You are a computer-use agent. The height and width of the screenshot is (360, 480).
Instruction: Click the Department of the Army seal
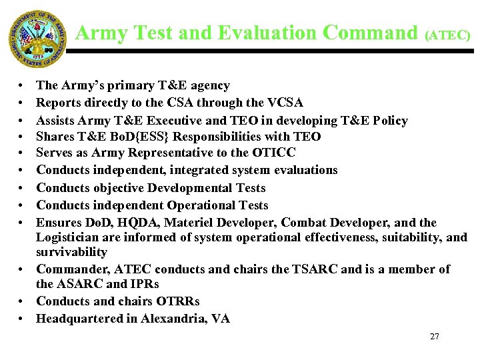[x=38, y=39]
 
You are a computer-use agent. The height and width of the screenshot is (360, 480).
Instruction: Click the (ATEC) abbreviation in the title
[x=447, y=35]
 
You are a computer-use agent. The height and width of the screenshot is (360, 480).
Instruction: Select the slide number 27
[x=435, y=337]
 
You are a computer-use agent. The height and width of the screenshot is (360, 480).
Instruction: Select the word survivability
[x=71, y=253]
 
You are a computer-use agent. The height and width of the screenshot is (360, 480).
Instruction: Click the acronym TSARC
[x=311, y=269]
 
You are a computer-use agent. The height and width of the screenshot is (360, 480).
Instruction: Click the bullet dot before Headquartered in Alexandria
[x=23, y=319]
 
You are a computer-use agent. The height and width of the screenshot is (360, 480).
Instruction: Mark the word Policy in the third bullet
[x=390, y=120]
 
